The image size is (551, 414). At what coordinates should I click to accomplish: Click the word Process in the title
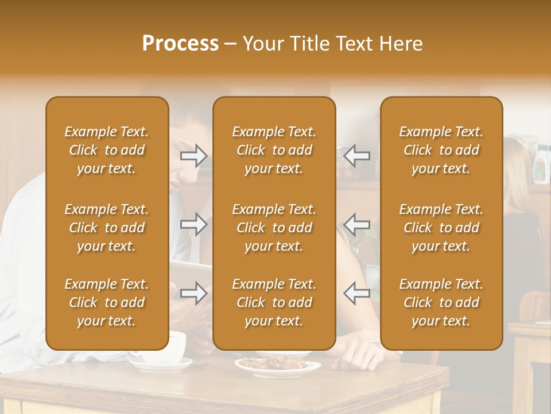coord(180,44)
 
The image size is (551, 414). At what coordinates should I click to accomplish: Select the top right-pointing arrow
coord(193,155)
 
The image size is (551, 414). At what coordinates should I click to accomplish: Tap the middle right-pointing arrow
coord(193,224)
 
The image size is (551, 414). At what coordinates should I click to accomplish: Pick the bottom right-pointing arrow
coord(193,293)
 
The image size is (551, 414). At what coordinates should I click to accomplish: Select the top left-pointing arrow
coord(356,155)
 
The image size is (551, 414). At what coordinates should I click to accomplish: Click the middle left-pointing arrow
coord(356,224)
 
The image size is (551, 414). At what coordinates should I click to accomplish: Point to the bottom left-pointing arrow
coord(356,293)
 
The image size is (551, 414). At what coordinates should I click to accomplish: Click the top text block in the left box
coord(107,150)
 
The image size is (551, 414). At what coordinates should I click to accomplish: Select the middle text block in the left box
coord(107,228)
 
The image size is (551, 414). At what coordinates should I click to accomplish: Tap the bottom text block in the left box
coord(107,302)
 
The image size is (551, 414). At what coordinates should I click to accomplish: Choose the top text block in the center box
coord(274,150)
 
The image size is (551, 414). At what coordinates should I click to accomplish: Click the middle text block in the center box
coord(274,228)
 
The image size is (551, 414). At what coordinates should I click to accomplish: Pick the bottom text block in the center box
coord(274,302)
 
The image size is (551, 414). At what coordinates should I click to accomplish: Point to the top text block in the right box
coord(441,150)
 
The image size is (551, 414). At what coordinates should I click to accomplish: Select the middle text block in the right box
coord(441,228)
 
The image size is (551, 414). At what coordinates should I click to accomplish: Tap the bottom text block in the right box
coord(441,302)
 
